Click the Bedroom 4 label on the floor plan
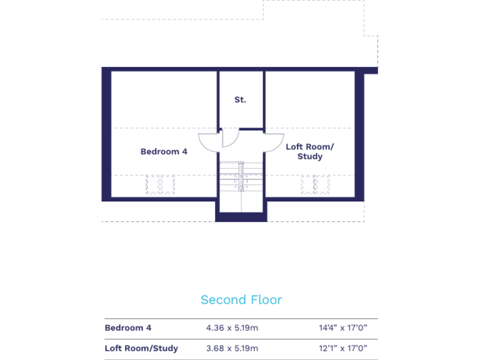coord(164,151)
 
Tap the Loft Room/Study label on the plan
coord(310,151)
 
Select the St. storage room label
coord(241,99)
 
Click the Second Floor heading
coord(241,300)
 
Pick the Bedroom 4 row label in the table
coord(128,327)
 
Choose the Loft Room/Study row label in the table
coord(141,348)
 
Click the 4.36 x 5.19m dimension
coord(232,327)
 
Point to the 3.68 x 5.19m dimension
coord(232,348)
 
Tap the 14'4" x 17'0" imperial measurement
coord(343,327)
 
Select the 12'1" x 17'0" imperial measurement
coord(343,348)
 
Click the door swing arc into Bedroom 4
coord(207,143)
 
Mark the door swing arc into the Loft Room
coord(273,143)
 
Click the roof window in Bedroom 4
coord(159,184)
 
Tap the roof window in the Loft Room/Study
coord(315,184)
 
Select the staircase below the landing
coord(241,187)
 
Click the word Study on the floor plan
coord(310,157)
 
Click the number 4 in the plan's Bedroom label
coord(184,151)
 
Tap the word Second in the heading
coord(219,300)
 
